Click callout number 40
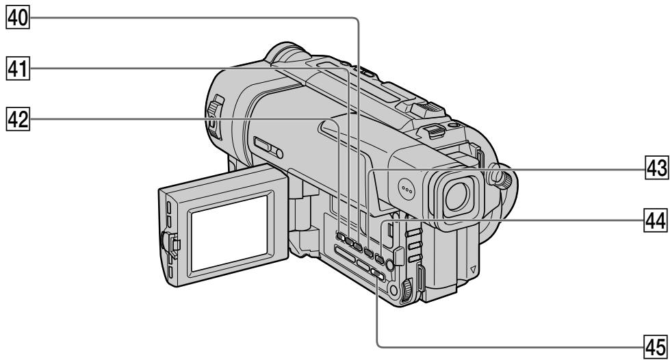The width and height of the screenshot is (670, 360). (x=18, y=18)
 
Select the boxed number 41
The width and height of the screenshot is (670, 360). (x=18, y=69)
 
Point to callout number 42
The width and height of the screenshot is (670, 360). (x=18, y=119)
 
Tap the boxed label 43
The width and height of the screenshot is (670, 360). (x=656, y=168)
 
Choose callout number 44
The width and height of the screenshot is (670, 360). (x=656, y=220)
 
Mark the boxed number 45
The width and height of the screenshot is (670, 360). (x=656, y=347)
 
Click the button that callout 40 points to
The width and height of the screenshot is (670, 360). (x=358, y=247)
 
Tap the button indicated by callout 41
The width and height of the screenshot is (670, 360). (x=349, y=242)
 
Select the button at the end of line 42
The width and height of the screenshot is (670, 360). (x=340, y=236)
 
